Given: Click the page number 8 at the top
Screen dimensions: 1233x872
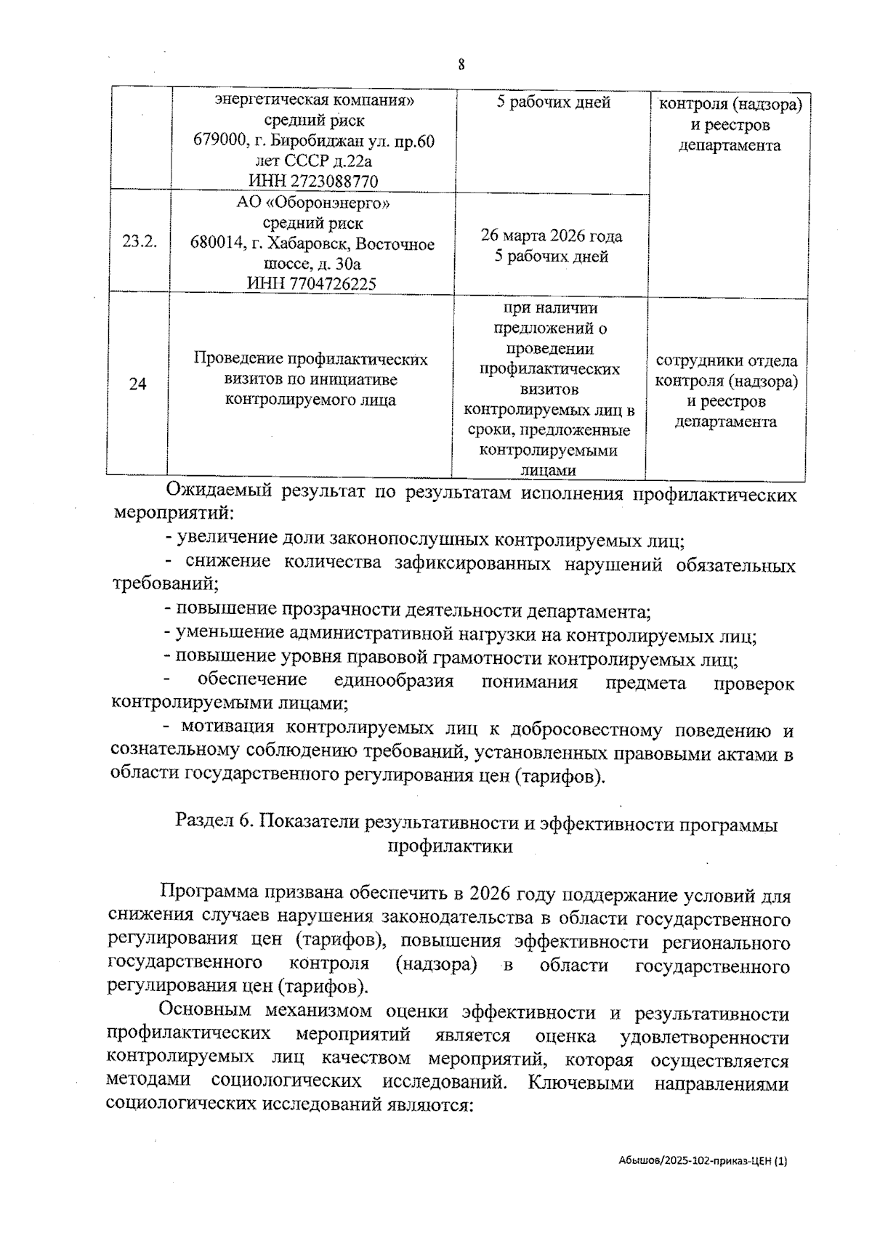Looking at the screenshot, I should click(x=461, y=65).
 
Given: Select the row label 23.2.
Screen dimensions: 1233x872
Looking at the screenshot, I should click(x=140, y=242).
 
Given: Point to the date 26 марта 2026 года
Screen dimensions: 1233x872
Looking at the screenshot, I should click(x=551, y=236).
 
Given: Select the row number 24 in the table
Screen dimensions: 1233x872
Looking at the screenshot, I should click(x=138, y=384).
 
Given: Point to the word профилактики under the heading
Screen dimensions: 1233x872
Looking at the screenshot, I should click(x=451, y=846).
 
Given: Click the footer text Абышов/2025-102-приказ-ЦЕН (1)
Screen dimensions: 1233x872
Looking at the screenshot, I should click(x=703, y=1162).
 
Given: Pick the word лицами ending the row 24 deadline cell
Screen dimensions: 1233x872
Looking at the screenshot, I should click(x=549, y=471).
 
